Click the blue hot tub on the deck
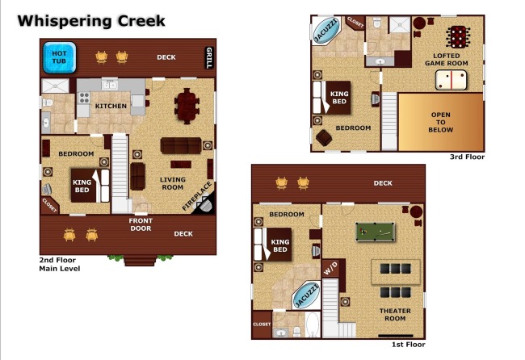click(59, 57)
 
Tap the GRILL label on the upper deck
click(209, 57)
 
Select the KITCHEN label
click(111, 106)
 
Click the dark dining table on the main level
click(187, 106)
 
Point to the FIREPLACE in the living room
click(197, 196)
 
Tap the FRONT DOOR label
click(141, 224)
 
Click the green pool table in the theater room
click(375, 232)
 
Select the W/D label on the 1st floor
click(330, 268)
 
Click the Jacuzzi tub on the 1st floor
click(306, 295)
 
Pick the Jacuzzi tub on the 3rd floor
click(326, 30)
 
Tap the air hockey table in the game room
click(451, 80)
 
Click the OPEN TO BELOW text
click(441, 122)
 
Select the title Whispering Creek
click(91, 21)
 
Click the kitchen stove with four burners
click(84, 98)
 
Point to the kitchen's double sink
click(110, 85)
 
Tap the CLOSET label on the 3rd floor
click(355, 23)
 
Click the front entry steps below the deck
click(141, 260)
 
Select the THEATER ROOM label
click(395, 315)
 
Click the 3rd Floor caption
click(467, 157)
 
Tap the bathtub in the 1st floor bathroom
click(313, 324)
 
